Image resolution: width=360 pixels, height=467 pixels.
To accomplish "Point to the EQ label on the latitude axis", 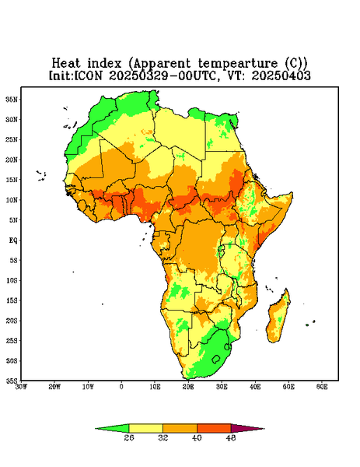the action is click(x=13, y=240).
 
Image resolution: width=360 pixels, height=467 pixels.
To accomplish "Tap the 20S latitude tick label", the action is click(x=12, y=321).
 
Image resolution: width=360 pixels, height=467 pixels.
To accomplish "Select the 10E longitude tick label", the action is click(x=155, y=387).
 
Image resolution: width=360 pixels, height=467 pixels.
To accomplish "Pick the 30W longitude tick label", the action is click(x=21, y=387).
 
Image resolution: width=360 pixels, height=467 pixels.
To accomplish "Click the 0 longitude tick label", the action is click(x=121, y=387).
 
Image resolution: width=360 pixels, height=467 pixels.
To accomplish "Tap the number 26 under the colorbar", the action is click(x=129, y=437).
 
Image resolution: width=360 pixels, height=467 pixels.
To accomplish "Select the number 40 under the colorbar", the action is click(x=197, y=437).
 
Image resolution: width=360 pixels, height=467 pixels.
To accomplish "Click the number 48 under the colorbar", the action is click(x=231, y=437).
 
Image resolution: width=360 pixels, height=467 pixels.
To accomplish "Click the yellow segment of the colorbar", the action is click(x=145, y=428).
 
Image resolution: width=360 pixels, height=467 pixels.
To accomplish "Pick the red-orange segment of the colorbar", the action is click(x=214, y=428).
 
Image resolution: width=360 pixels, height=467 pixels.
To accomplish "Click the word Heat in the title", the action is click(x=66, y=63).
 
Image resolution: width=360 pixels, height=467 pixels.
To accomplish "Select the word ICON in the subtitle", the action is click(x=88, y=75).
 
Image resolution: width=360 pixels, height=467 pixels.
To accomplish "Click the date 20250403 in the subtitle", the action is click(x=281, y=75).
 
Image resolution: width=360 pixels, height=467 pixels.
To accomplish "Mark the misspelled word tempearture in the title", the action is click(x=238, y=64).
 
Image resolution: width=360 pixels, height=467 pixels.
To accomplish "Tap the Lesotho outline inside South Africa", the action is click(x=216, y=360).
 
